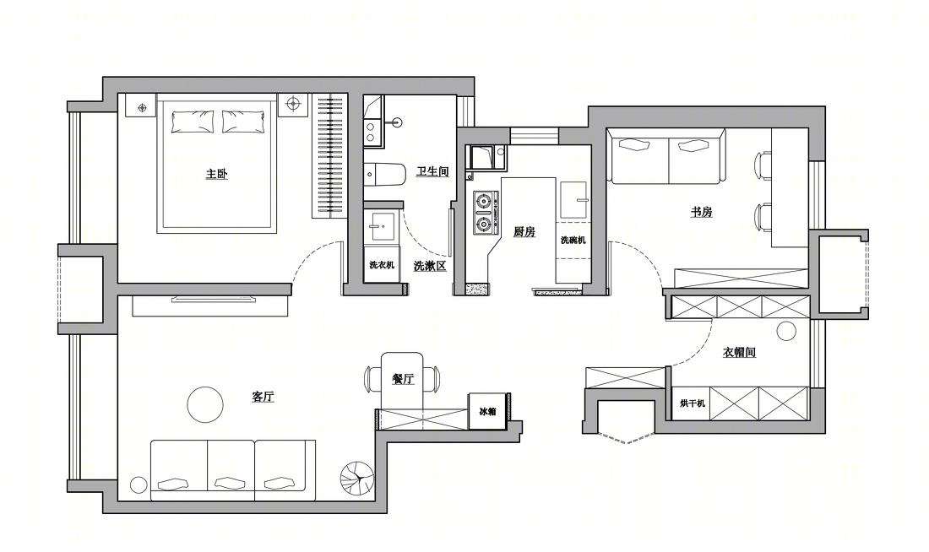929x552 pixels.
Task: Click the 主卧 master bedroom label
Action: pyautogui.click(x=217, y=174)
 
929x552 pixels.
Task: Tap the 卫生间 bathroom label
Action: pyautogui.click(x=432, y=171)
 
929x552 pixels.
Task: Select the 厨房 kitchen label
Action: pyautogui.click(x=524, y=231)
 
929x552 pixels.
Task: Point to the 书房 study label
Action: pyautogui.click(x=702, y=212)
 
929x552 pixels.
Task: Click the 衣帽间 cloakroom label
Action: pyautogui.click(x=740, y=353)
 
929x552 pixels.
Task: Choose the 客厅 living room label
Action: pyautogui.click(x=263, y=397)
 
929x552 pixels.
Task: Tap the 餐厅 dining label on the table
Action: pyautogui.click(x=403, y=379)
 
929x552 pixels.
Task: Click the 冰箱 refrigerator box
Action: pyautogui.click(x=487, y=411)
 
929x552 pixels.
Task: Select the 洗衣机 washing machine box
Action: pyautogui.click(x=382, y=265)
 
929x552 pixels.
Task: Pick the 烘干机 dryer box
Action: pyautogui.click(x=692, y=403)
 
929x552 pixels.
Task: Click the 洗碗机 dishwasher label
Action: pyautogui.click(x=573, y=240)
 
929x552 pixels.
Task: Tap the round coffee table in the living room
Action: pyautogui.click(x=205, y=404)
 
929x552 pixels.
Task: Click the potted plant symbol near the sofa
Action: pyautogui.click(x=357, y=478)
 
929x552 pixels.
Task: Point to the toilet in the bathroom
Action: pyautogui.click(x=384, y=173)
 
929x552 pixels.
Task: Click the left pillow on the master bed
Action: pyautogui.click(x=193, y=121)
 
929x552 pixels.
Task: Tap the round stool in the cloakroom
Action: pyautogui.click(x=787, y=331)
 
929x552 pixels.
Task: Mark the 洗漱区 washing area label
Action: pyautogui.click(x=430, y=266)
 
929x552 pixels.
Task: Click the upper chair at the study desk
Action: pyautogui.click(x=763, y=165)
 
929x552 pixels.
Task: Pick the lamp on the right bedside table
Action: pyautogui.click(x=293, y=105)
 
